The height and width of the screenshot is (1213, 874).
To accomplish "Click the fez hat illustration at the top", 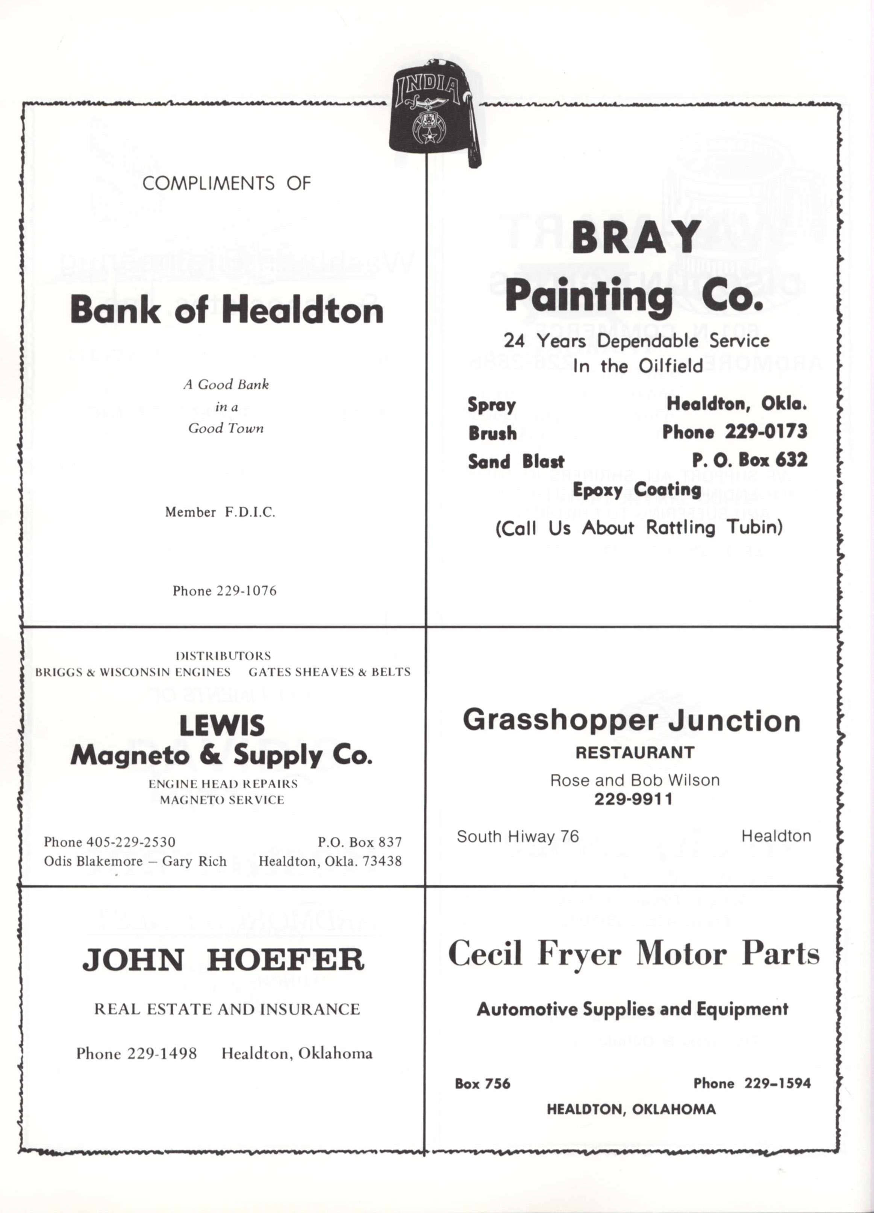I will point(431,115).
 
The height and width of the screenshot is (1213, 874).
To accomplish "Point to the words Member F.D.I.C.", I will point(220,512).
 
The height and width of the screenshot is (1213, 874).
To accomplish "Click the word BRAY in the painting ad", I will point(636,238).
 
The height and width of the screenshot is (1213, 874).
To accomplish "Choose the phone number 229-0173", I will point(765,432).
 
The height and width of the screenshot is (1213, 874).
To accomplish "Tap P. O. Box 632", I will point(750,460).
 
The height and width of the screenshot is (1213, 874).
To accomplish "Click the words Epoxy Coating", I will point(636,489).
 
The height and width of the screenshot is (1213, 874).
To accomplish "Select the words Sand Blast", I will point(516,461).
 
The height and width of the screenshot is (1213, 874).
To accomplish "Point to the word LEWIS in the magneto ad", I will point(222,726).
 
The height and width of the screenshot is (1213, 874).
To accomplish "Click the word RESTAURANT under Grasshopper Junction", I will point(635,753).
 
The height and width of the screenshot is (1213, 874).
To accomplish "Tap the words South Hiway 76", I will point(518,836).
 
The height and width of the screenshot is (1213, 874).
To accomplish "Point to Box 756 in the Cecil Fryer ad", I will point(482,1084).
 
